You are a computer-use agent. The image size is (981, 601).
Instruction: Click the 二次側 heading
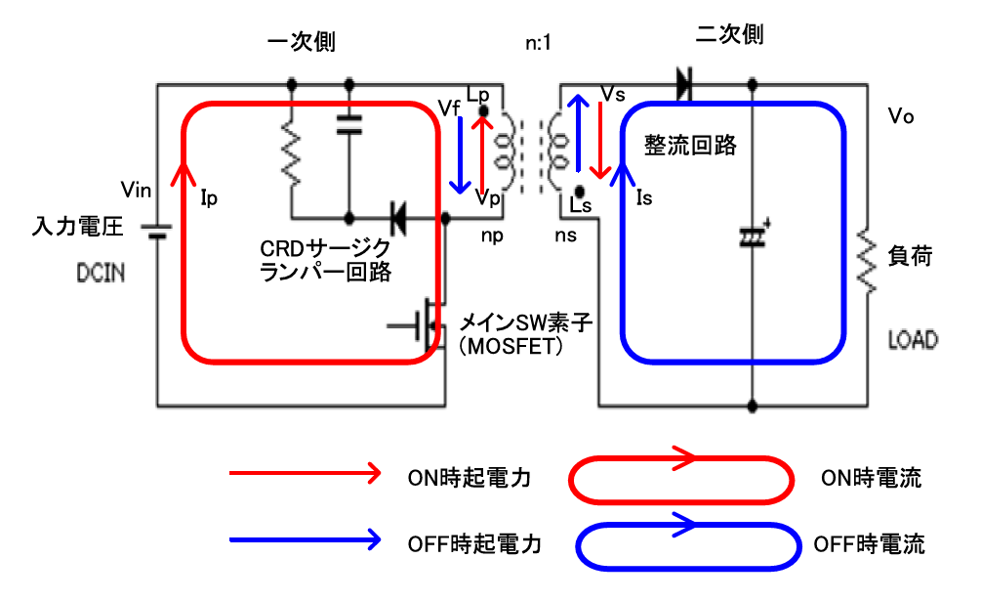(x=729, y=36)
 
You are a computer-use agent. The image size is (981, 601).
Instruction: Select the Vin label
(x=135, y=187)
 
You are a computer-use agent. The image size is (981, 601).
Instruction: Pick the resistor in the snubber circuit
(x=291, y=152)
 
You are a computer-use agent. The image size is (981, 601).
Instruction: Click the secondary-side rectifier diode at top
(x=682, y=85)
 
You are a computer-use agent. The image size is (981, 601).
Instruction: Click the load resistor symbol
(x=865, y=259)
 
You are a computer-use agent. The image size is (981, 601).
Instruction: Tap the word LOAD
(x=913, y=340)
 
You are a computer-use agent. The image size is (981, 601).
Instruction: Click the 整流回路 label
(x=690, y=147)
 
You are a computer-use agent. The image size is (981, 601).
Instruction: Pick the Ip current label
(x=208, y=199)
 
